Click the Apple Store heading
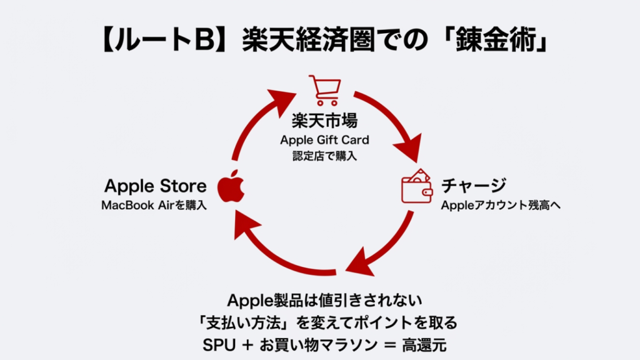point(155,186)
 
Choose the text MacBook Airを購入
point(154,205)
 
